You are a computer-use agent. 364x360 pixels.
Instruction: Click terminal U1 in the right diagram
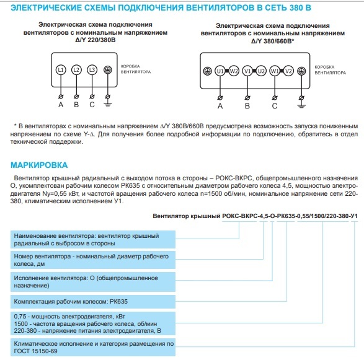220,71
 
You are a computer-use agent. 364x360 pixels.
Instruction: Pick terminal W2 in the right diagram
233,71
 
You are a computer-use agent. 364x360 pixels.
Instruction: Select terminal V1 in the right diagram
248,71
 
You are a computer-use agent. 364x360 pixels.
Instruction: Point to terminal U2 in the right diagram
261,71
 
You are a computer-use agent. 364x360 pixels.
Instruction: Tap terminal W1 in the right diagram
275,71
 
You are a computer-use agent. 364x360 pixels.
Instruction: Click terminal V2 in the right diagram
288,71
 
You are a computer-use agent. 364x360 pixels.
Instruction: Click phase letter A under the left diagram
61,104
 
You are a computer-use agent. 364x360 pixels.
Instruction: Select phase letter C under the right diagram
275,105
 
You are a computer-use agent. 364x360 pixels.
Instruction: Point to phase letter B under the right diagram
248,105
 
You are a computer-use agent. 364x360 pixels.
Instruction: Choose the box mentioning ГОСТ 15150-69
93,346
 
